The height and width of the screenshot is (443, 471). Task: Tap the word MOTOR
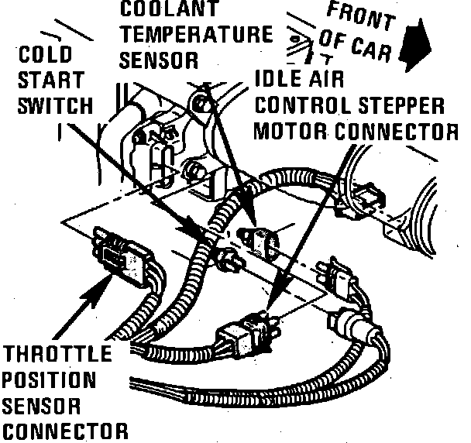coord(294,129)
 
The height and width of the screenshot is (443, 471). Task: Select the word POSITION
coord(50,381)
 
